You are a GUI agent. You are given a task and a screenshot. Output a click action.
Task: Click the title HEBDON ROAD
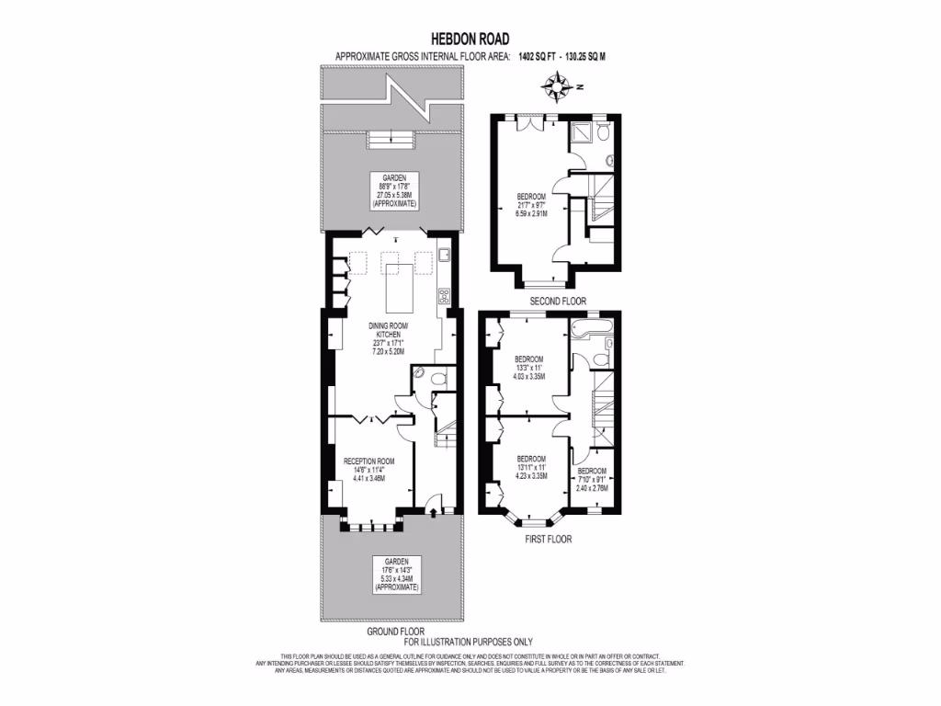470,40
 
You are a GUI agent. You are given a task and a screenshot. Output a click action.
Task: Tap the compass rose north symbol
558,88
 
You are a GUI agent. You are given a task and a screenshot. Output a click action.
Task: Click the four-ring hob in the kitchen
443,296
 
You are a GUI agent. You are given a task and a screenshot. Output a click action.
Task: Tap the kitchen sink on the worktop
443,255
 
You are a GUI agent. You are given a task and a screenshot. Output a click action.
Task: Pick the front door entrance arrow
433,513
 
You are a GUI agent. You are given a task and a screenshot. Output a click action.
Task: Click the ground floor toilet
437,377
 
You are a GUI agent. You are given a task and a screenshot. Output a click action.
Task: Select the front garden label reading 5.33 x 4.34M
395,575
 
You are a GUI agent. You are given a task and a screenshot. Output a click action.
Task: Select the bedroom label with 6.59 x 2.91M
532,205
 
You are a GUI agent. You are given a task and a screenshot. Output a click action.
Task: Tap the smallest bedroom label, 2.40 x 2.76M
592,478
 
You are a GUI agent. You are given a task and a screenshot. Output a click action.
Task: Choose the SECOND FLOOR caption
558,302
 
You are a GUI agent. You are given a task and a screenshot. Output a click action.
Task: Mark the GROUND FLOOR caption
395,632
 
